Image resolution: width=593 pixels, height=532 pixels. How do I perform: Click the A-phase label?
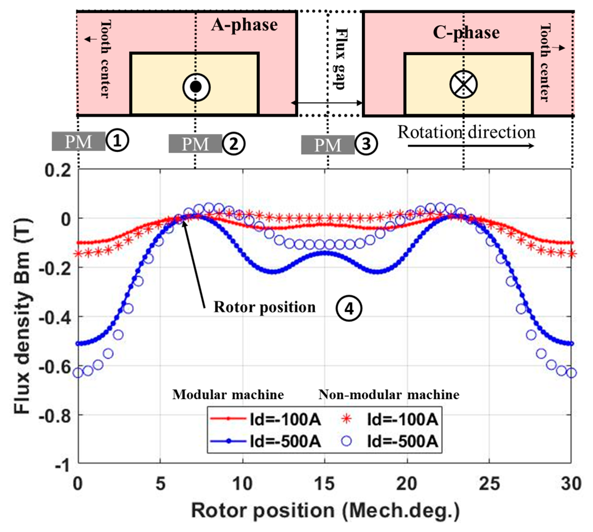click(x=244, y=25)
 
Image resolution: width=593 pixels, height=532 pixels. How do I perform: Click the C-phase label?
click(x=466, y=33)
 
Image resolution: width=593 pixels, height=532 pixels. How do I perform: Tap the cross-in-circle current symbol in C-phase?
click(x=463, y=85)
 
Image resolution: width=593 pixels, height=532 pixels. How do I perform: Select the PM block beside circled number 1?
click(x=79, y=142)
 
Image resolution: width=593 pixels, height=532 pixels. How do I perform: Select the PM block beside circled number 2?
click(x=195, y=143)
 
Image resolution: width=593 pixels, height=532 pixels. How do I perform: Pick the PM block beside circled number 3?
click(x=328, y=145)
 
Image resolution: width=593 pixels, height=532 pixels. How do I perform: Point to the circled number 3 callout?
click(x=366, y=144)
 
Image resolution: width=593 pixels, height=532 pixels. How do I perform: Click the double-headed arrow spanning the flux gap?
click(x=327, y=103)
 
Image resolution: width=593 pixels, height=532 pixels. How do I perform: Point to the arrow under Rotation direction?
click(x=470, y=146)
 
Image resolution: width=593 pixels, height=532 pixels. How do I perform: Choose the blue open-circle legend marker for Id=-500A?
click(x=347, y=441)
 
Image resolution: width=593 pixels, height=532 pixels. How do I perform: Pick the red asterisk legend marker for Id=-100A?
click(x=347, y=419)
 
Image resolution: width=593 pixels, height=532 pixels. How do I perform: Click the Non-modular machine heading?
click(x=388, y=395)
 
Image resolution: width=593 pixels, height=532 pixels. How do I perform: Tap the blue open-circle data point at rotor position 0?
click(x=78, y=373)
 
